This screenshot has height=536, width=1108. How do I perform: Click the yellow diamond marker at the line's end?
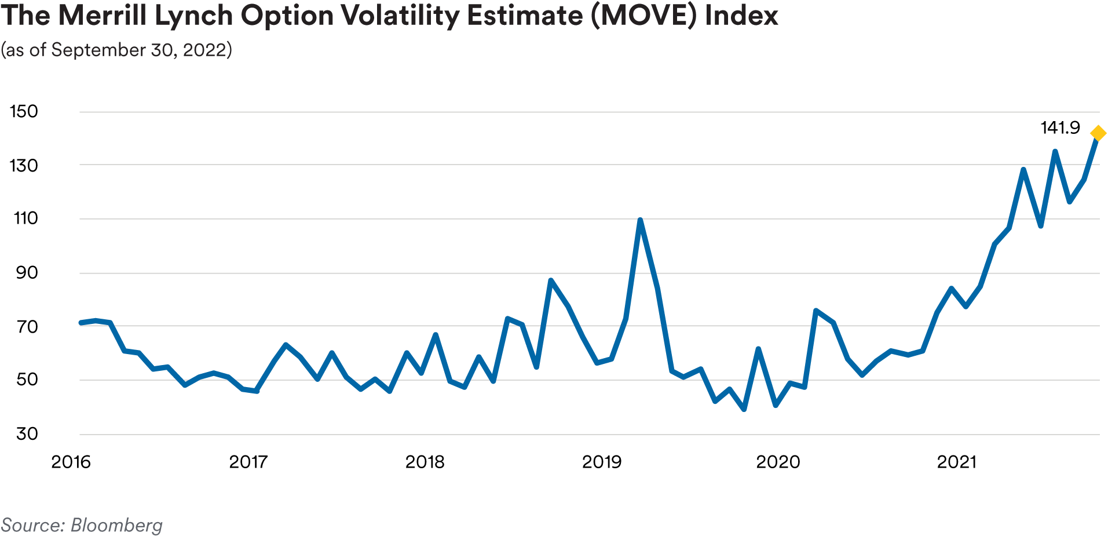tap(1098, 133)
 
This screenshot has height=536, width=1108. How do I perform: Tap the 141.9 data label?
tap(1060, 127)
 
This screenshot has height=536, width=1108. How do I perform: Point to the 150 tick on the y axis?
tap(24, 111)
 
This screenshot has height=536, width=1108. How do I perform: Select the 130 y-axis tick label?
tap(24, 166)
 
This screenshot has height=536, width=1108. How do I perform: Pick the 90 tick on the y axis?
tap(26, 273)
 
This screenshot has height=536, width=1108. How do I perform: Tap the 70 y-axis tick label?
tap(26, 327)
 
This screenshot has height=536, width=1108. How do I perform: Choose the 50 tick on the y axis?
tap(26, 380)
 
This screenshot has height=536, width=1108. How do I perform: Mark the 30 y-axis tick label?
tap(26, 433)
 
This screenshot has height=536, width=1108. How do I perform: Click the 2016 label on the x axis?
tap(71, 462)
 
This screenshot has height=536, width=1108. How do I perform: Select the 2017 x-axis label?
tap(248, 462)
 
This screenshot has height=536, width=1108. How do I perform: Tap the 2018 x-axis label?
tap(425, 462)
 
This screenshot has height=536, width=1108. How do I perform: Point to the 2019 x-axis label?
tap(601, 462)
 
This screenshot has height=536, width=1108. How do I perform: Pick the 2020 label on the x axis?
tap(778, 462)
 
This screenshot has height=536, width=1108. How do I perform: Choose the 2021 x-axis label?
tap(956, 462)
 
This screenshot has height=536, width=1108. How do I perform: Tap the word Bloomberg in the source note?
tap(116, 525)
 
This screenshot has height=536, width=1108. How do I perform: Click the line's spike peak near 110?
tap(640, 221)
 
